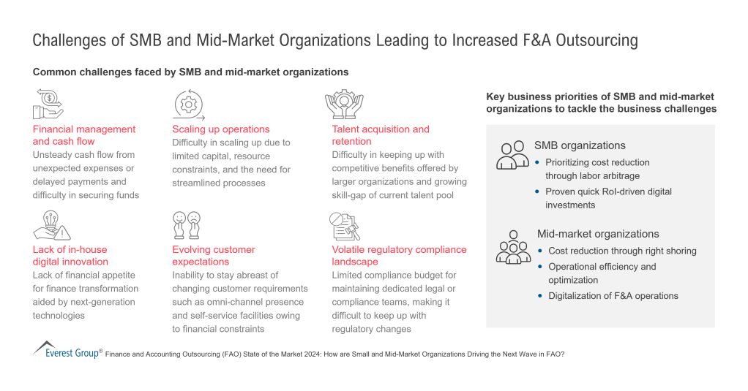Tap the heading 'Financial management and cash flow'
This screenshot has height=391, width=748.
point(83,135)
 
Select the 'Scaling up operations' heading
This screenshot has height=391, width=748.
point(221,129)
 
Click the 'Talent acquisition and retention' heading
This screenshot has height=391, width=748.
point(381,135)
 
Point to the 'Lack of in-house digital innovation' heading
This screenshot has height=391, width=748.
point(70,256)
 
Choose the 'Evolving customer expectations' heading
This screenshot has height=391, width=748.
point(214,256)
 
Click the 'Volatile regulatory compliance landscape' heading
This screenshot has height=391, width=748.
point(399,256)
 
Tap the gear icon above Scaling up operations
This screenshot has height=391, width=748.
point(187,105)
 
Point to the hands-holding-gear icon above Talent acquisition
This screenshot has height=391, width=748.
point(344,105)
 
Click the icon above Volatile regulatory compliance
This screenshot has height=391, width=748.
point(344,225)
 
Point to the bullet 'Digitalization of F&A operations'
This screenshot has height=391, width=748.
point(613,296)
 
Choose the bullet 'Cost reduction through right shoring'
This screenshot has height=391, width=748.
point(622,251)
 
